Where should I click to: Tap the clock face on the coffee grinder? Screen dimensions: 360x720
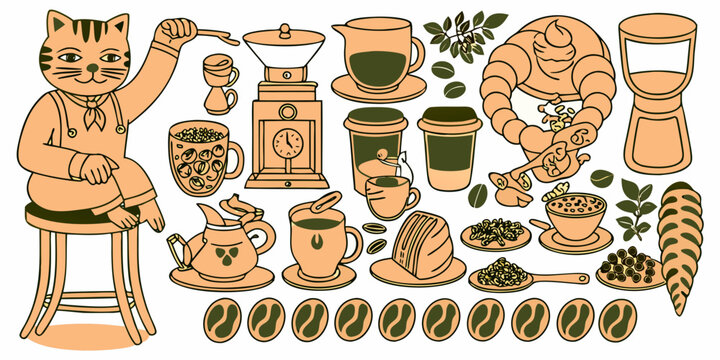287,142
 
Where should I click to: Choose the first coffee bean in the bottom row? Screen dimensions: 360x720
222,320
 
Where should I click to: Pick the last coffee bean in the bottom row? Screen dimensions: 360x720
617,320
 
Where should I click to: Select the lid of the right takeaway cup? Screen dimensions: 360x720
449,118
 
